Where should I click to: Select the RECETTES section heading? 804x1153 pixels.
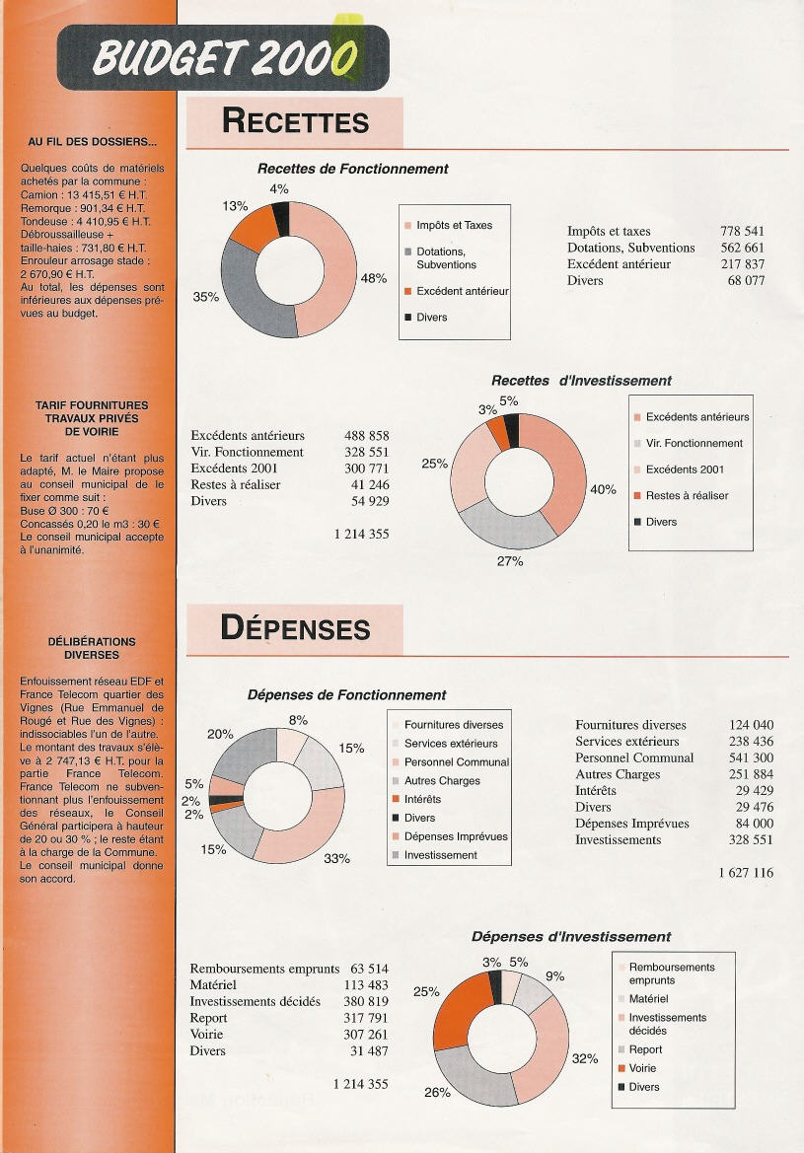click(x=295, y=121)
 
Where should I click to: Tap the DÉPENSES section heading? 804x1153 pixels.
click(x=295, y=628)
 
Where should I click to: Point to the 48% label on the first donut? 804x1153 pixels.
click(x=374, y=279)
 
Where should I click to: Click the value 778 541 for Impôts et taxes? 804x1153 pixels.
click(x=742, y=232)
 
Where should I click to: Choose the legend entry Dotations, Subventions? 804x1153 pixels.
click(x=446, y=258)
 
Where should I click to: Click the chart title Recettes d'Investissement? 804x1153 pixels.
click(x=581, y=381)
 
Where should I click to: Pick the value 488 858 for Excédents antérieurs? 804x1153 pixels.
click(x=366, y=436)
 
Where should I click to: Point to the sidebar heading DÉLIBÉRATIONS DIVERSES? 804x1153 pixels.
click(x=92, y=647)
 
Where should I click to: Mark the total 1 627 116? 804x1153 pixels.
click(x=746, y=873)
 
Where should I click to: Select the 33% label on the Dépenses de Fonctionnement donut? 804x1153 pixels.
click(x=336, y=858)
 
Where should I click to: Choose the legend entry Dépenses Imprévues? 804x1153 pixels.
click(x=455, y=836)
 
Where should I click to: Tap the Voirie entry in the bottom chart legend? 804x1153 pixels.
click(x=642, y=1068)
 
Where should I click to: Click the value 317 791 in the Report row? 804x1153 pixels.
click(x=366, y=1018)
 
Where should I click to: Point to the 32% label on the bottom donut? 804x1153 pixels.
click(x=585, y=1059)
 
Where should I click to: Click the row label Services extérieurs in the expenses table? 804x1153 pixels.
click(x=626, y=742)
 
